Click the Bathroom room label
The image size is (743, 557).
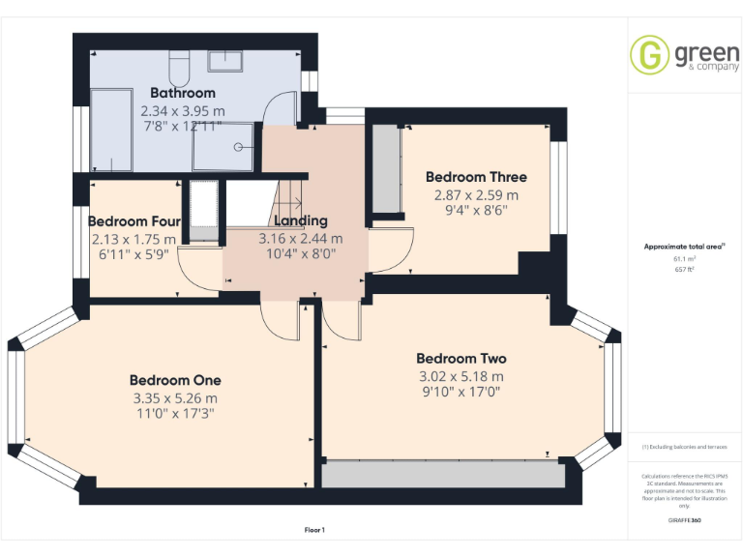(x=182, y=93)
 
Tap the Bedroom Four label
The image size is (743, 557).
(x=134, y=221)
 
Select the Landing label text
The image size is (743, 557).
(x=300, y=220)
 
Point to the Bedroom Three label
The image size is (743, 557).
(x=476, y=177)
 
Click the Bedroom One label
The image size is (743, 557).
(x=175, y=379)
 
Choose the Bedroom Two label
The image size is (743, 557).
(x=461, y=358)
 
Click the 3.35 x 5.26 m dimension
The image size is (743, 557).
(x=175, y=397)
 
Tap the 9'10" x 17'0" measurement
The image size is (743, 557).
(x=461, y=393)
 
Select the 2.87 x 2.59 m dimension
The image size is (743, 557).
(x=476, y=193)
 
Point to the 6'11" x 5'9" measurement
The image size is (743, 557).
(x=134, y=255)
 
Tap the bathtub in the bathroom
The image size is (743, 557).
(x=109, y=129)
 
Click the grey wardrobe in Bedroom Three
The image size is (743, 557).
(x=387, y=169)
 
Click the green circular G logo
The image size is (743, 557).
(x=650, y=54)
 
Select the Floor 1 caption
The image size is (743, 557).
(x=314, y=530)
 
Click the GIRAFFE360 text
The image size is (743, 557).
(x=684, y=520)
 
